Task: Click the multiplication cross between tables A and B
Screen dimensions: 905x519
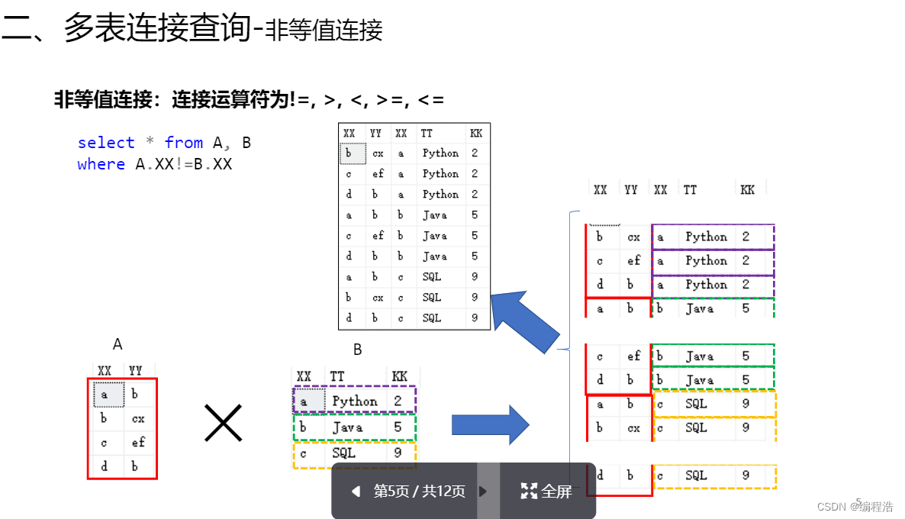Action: pyautogui.click(x=223, y=423)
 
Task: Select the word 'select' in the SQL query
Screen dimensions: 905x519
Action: pyautogui.click(x=105, y=143)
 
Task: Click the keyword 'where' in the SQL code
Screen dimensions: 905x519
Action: pyautogui.click(x=101, y=164)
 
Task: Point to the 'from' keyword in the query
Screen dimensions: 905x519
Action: pyautogui.click(x=184, y=143)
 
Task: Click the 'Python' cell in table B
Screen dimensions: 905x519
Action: pyautogui.click(x=354, y=401)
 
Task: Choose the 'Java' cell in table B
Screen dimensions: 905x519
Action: pyautogui.click(x=347, y=427)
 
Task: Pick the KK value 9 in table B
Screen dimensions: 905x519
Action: pyautogui.click(x=398, y=453)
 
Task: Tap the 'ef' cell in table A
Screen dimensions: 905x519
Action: pyautogui.click(x=138, y=442)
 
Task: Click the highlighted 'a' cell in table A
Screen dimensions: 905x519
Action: pyautogui.click(x=105, y=394)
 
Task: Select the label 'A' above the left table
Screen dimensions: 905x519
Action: pyautogui.click(x=118, y=344)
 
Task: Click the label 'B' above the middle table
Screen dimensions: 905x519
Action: pyautogui.click(x=357, y=350)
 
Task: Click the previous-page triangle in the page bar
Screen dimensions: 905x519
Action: pyautogui.click(x=355, y=492)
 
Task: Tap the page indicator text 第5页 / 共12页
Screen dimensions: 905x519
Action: pyautogui.click(x=419, y=492)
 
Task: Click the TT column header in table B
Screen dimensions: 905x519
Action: pyautogui.click(x=337, y=376)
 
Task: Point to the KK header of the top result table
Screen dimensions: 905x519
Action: pyautogui.click(x=476, y=134)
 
